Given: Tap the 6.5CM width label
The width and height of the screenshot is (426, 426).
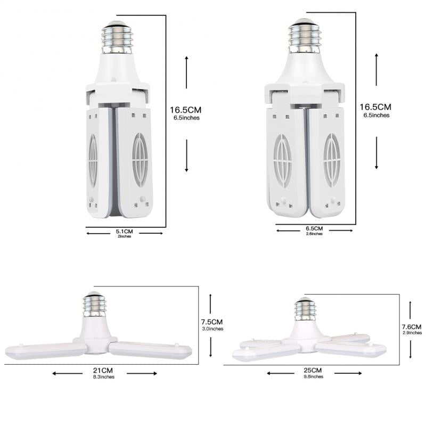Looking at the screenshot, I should click(314, 228).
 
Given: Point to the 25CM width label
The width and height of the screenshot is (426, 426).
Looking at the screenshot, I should click(313, 370).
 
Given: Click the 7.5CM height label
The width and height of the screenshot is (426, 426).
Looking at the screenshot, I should click(212, 322).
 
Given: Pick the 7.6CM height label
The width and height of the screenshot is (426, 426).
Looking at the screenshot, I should click(411, 326).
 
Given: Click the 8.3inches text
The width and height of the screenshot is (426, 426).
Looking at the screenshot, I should click(105, 377).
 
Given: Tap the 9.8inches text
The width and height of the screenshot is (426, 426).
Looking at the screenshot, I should click(313, 376).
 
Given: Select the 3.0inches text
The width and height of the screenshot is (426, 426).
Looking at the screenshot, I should click(212, 329).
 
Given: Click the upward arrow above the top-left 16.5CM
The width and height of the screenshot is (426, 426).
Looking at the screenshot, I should click(186, 72).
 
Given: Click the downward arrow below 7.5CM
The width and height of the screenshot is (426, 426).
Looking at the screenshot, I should click(211, 346).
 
